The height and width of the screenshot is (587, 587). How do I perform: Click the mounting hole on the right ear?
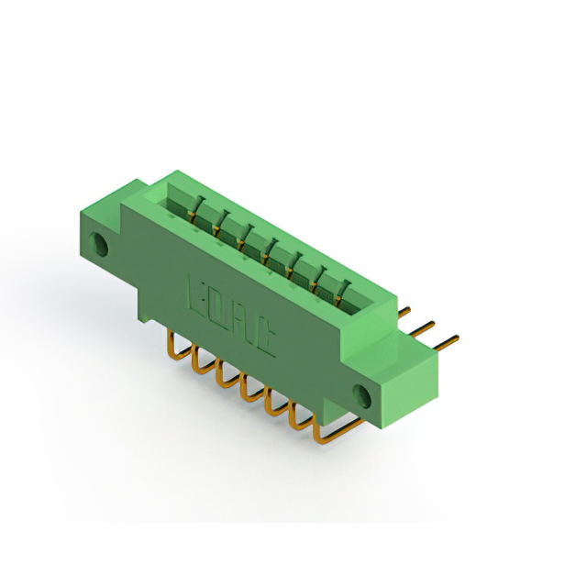pos(364,398)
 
